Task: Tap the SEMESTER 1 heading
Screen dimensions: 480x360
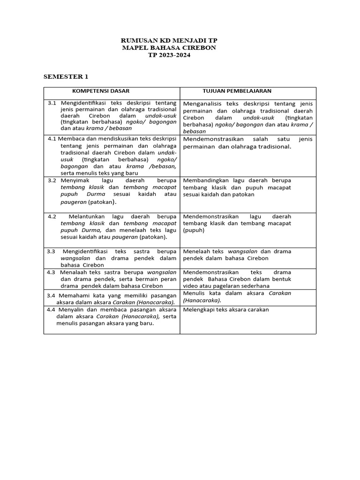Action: click(66, 76)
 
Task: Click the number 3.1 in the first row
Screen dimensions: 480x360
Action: click(52, 103)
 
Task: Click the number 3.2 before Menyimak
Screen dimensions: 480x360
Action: click(52, 180)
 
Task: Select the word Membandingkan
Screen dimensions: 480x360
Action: click(206, 180)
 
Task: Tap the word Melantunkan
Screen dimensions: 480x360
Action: click(87, 217)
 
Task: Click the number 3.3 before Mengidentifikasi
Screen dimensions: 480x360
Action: click(52, 251)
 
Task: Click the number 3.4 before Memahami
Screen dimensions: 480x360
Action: click(52, 295)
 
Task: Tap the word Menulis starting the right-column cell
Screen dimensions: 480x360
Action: click(193, 293)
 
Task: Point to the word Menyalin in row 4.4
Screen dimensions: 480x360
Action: click(71, 310)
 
